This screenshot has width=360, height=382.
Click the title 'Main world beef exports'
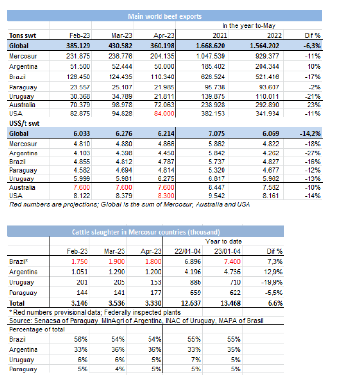[164, 16]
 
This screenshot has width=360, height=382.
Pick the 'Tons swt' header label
[22, 35]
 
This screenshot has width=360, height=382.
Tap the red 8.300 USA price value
[165, 196]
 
